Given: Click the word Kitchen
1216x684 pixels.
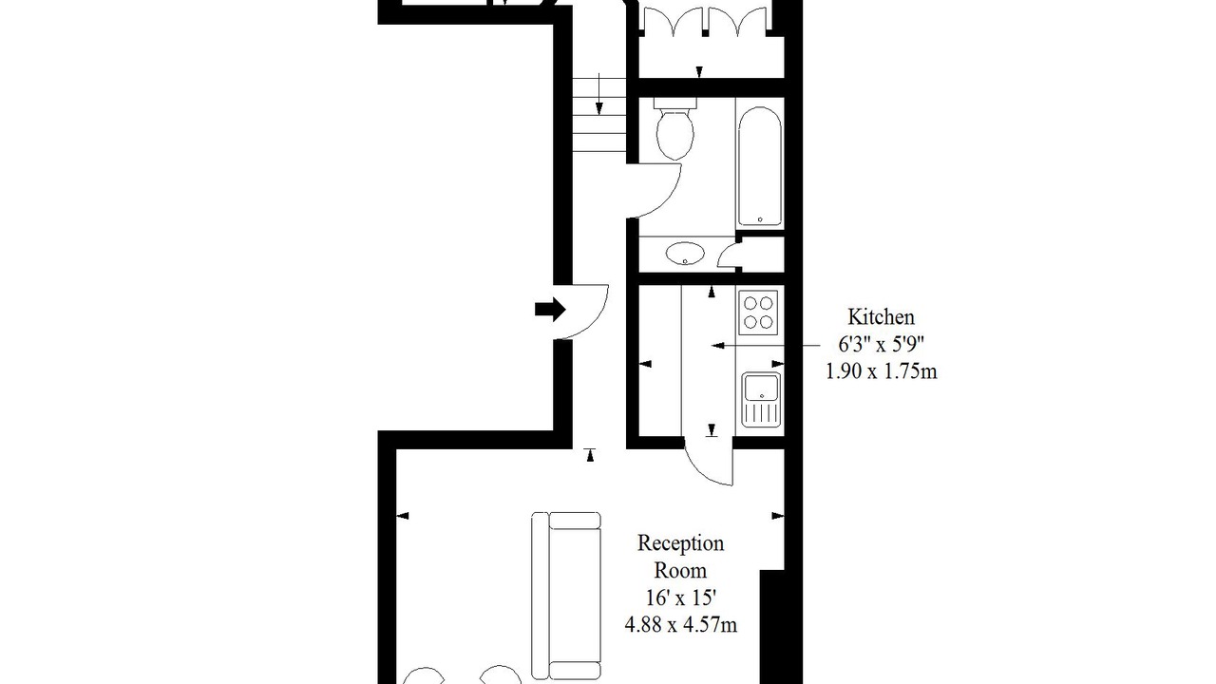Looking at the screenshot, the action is [x=881, y=317].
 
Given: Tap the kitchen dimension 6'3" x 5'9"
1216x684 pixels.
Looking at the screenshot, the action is [x=881, y=344].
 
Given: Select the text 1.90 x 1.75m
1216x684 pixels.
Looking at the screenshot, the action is [x=882, y=371].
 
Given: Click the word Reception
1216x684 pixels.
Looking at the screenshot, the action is [x=680, y=543].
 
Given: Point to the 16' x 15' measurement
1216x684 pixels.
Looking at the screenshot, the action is [x=681, y=598].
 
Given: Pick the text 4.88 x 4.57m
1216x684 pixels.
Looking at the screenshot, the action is [x=681, y=625].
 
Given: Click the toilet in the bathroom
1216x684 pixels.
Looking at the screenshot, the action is [x=674, y=128].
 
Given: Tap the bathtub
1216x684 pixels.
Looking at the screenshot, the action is [x=759, y=166].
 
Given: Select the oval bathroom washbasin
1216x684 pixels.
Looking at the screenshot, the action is [x=685, y=254].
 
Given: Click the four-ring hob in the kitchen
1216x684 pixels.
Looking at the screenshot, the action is [x=758, y=313].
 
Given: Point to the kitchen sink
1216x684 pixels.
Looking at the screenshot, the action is [x=761, y=399].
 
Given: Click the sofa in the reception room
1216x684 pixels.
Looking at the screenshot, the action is [x=566, y=596].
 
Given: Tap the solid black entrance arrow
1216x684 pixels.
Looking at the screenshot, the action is [x=550, y=310].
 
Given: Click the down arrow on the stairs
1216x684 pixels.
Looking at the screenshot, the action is [x=598, y=94].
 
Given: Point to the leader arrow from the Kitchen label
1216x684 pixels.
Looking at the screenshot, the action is [x=766, y=345].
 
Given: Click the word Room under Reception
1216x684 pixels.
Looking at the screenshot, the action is [x=680, y=571].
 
